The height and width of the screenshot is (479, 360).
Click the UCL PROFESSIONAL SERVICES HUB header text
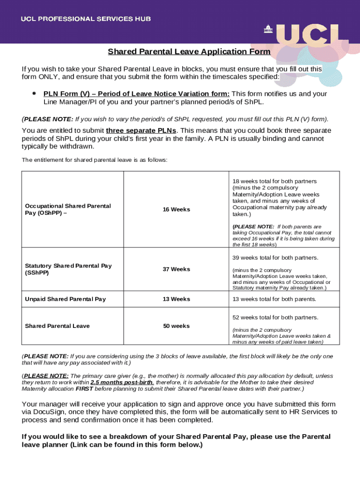pyautogui.click(x=85, y=19)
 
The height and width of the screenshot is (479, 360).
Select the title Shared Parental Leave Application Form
pyautogui.click(x=189, y=51)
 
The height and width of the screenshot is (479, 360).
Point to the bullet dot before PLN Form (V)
pyautogui.click(x=34, y=93)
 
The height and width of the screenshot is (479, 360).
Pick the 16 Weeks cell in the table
pyautogui.click(x=176, y=209)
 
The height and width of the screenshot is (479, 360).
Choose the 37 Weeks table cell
pyautogui.click(x=176, y=269)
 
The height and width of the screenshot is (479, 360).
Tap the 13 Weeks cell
pyautogui.click(x=176, y=299)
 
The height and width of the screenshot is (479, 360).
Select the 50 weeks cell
pyautogui.click(x=176, y=326)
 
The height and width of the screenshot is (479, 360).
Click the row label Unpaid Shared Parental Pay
pyautogui.click(x=65, y=299)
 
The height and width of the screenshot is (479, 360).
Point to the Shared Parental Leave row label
pyautogui.click(x=57, y=326)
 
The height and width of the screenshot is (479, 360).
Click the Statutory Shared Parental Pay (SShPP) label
pyautogui.click(x=68, y=269)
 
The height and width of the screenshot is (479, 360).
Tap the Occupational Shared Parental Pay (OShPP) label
pyautogui.click(x=68, y=209)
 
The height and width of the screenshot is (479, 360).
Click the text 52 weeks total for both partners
pyautogui.click(x=275, y=317)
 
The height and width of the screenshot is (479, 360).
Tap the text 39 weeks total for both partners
pyautogui.click(x=275, y=258)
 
